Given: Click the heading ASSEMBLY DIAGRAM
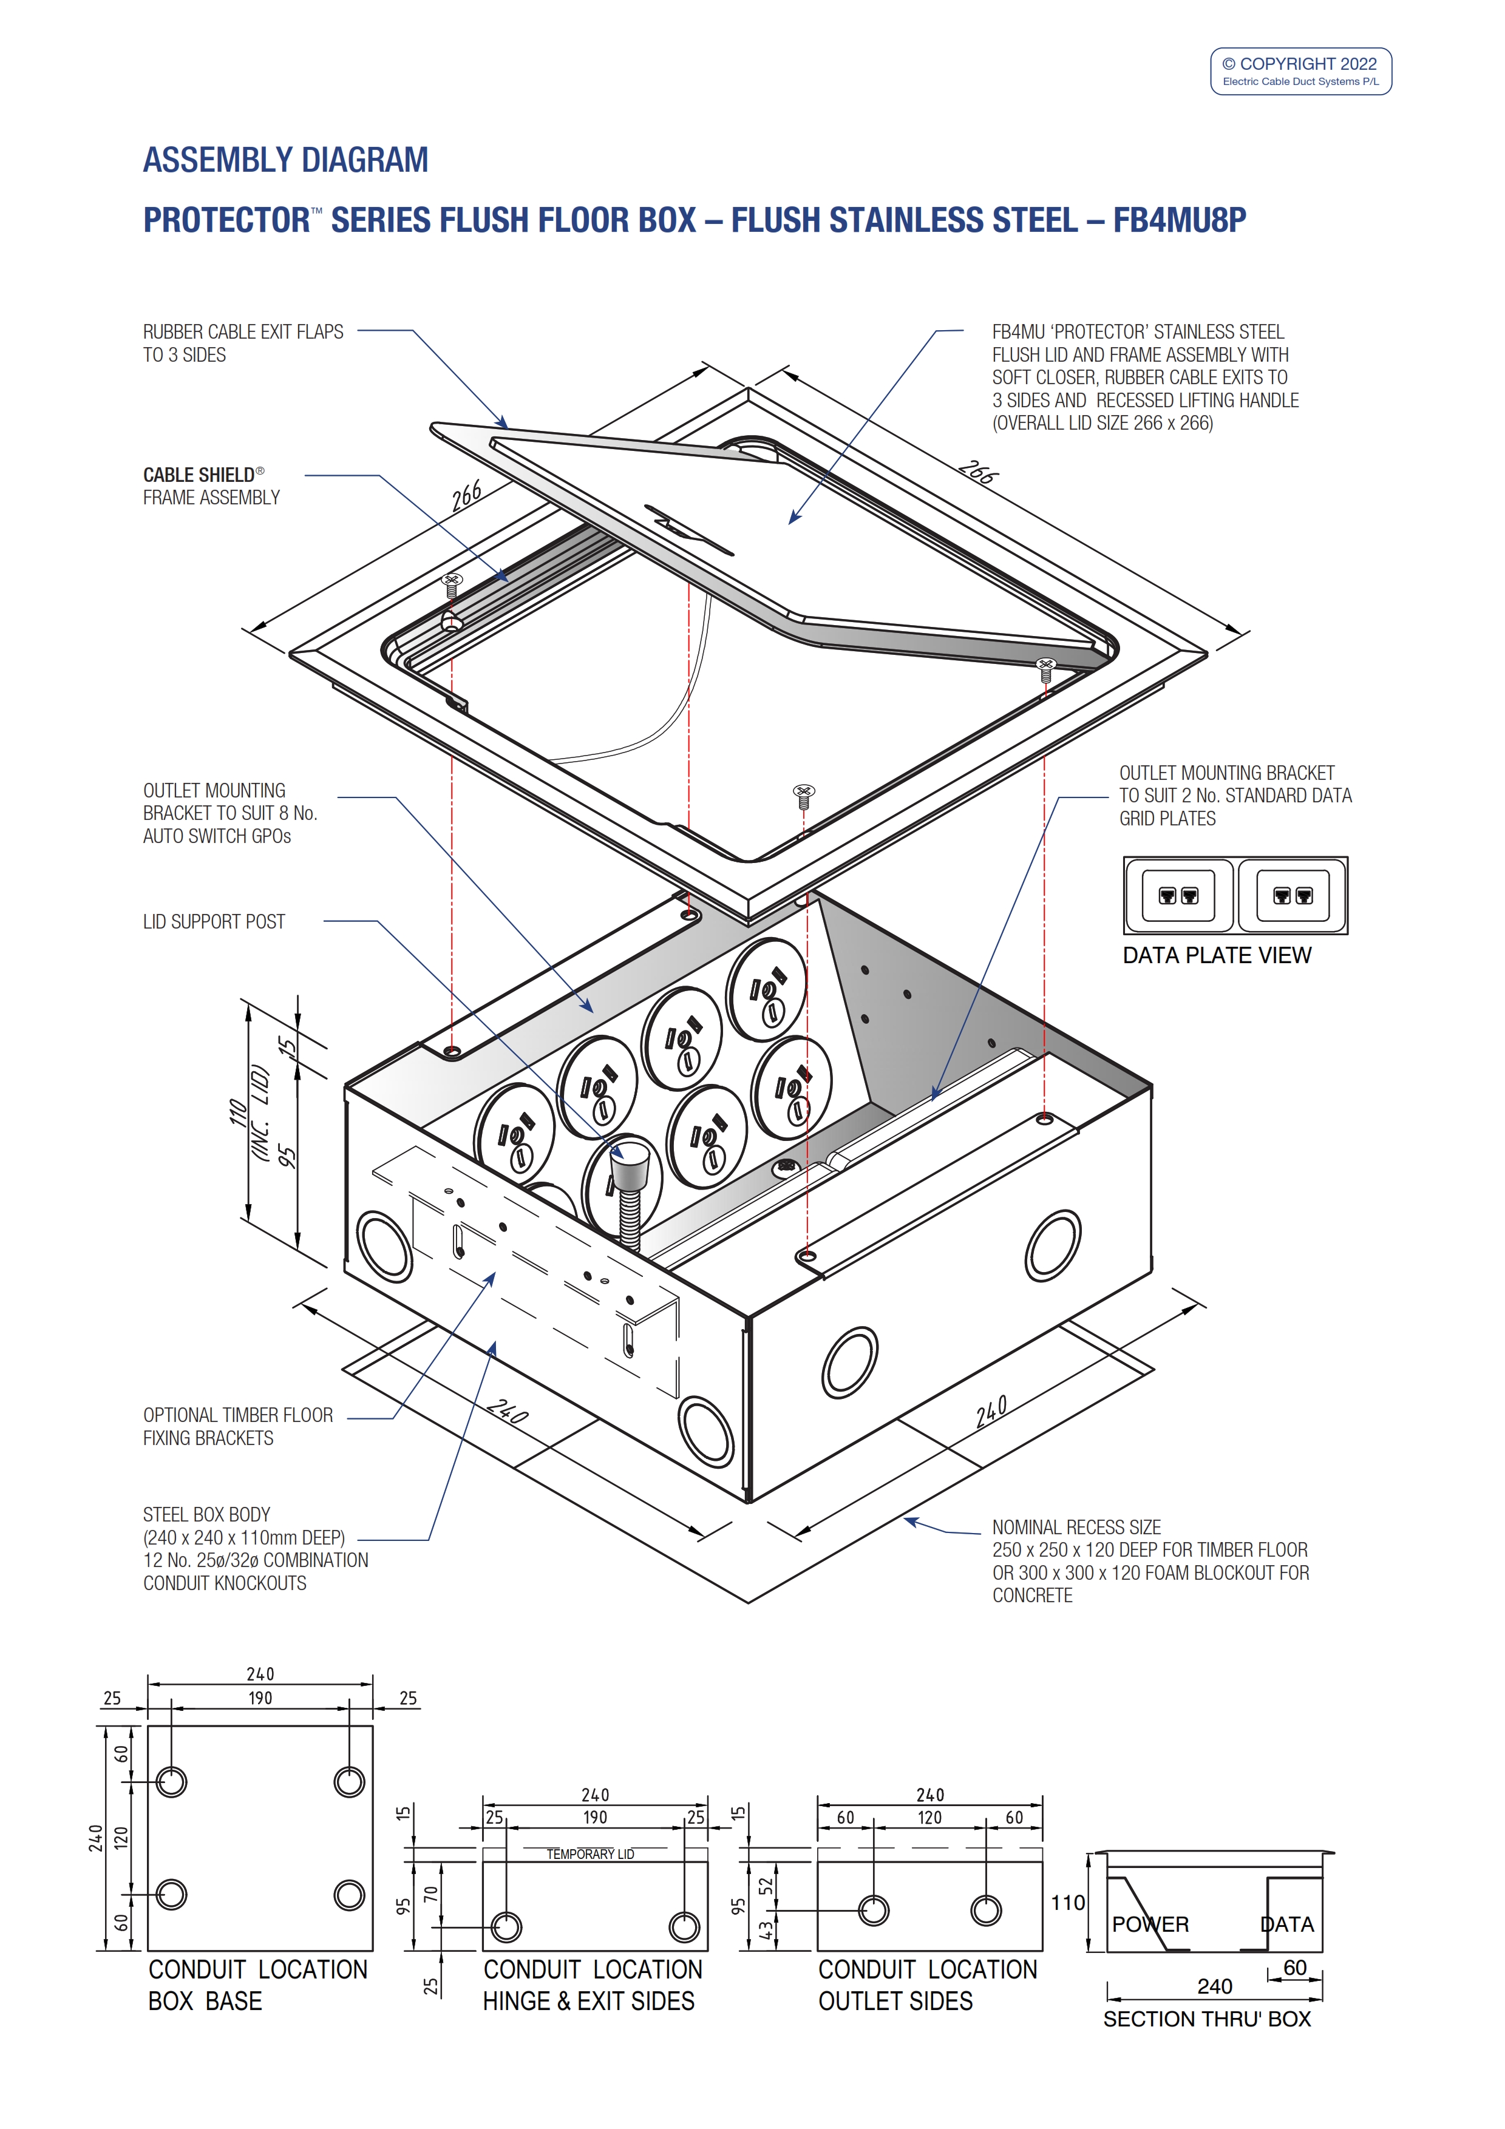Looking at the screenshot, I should click(285, 160).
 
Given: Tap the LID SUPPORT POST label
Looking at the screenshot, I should click(214, 922).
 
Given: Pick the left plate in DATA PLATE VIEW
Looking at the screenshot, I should click(1178, 896).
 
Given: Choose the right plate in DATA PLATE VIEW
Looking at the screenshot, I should click(1292, 896).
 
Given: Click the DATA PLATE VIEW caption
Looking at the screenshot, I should click(1217, 956).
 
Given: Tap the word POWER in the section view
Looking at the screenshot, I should click(1150, 1925).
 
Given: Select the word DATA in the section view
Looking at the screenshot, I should click(1287, 1925).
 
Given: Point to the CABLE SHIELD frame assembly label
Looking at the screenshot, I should click(211, 486).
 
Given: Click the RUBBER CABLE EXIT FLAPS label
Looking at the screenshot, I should click(243, 343).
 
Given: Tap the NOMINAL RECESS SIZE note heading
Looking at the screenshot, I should click(1076, 1527).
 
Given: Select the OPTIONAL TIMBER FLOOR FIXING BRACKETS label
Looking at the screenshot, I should click(237, 1426).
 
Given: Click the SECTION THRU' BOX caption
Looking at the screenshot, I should click(1206, 2020).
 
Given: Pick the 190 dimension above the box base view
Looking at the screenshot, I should click(260, 1698).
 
